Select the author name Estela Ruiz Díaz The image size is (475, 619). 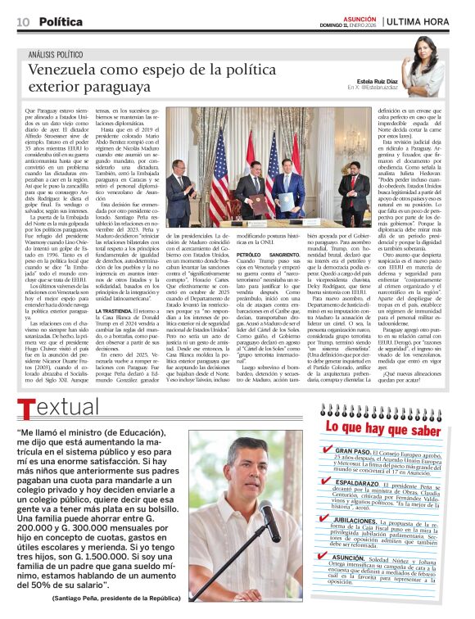coord(379,79)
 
